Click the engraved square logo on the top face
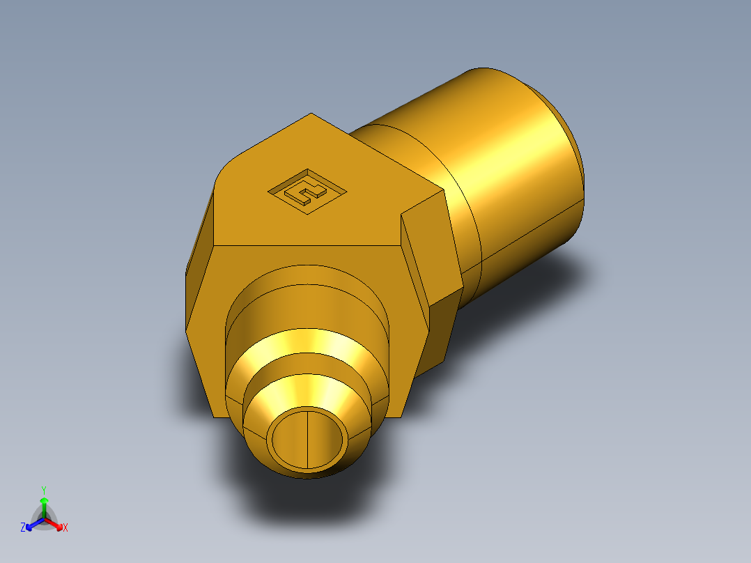point(307,190)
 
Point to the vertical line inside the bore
point(307,438)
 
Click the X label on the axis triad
point(65,528)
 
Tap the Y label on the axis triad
point(43,490)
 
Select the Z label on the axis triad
point(23,528)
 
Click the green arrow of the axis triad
point(43,505)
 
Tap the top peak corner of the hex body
point(311,114)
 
